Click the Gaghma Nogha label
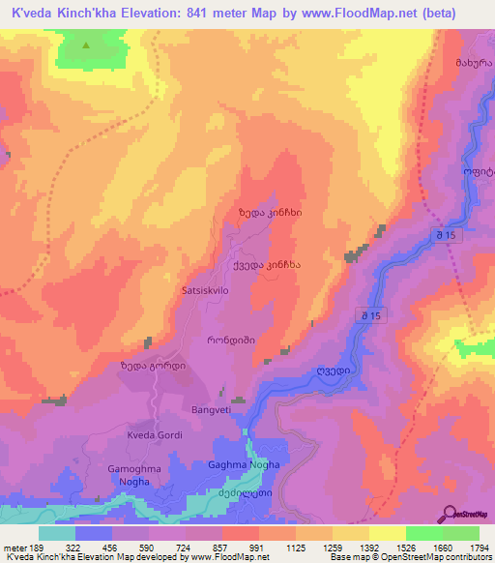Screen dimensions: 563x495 [x=244, y=465]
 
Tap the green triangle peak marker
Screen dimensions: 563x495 [x=86, y=45]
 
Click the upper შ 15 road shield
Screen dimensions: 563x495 [x=446, y=235]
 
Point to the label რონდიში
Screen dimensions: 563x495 [x=227, y=341]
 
